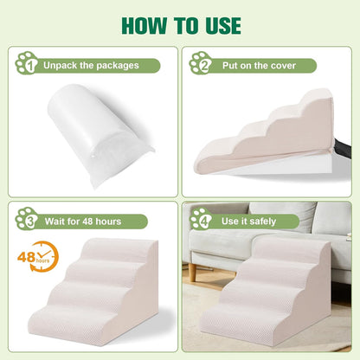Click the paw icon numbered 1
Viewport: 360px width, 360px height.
pos(27,63)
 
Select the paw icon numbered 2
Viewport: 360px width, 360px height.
pos(201,63)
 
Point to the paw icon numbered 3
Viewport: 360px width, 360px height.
pos(27,219)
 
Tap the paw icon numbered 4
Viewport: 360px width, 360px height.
pos(201,219)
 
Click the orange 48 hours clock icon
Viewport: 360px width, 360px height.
pos(38,257)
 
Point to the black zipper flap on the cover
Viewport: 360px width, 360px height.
pos(343,148)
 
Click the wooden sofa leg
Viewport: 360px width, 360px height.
pos(193,272)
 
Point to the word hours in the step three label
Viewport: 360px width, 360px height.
pos(108,222)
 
